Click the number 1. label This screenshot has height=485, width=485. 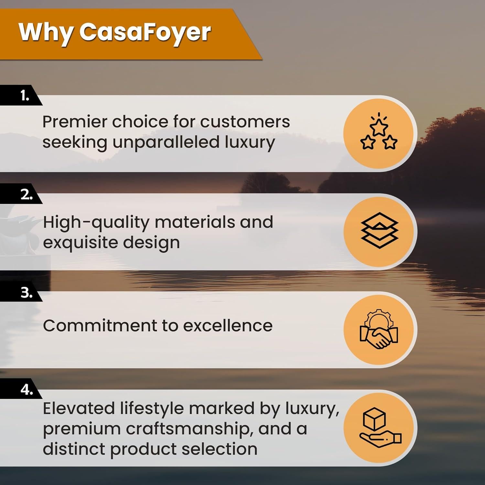(x=25, y=96)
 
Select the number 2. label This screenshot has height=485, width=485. (x=27, y=195)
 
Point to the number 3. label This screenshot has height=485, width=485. (x=27, y=293)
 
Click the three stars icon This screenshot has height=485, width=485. (x=379, y=133)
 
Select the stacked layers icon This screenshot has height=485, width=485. (x=379, y=231)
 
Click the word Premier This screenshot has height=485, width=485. (x=75, y=122)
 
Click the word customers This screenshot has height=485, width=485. (x=245, y=122)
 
